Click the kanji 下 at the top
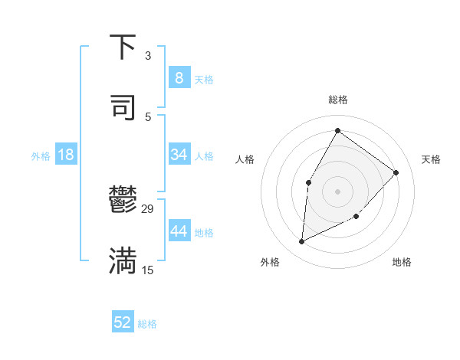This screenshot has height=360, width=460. tap(123, 47)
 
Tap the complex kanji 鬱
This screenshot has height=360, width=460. tap(123, 201)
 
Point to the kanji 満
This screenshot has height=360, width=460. tap(123, 260)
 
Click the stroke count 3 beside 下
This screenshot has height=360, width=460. tap(147, 56)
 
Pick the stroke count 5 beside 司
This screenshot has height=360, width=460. tap(147, 116)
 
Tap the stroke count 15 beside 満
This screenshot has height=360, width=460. tap(148, 270)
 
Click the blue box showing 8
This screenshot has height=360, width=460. tap(179, 77)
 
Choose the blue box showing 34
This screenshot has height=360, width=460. tap(179, 155)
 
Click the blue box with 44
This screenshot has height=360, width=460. tap(179, 231)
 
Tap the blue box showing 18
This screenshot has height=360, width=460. tap(66, 155)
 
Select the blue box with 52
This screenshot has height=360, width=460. tap(123, 322)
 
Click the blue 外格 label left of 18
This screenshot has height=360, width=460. tap(41, 156)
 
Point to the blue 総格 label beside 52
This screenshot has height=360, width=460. tap(147, 324)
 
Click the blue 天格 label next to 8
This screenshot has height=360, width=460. tap(204, 79)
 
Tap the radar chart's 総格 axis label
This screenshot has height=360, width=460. tap(338, 100)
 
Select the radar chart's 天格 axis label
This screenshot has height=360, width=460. tap(432, 159)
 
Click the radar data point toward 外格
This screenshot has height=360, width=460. tap(302, 242)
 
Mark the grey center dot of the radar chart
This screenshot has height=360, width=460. tap(337, 191)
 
